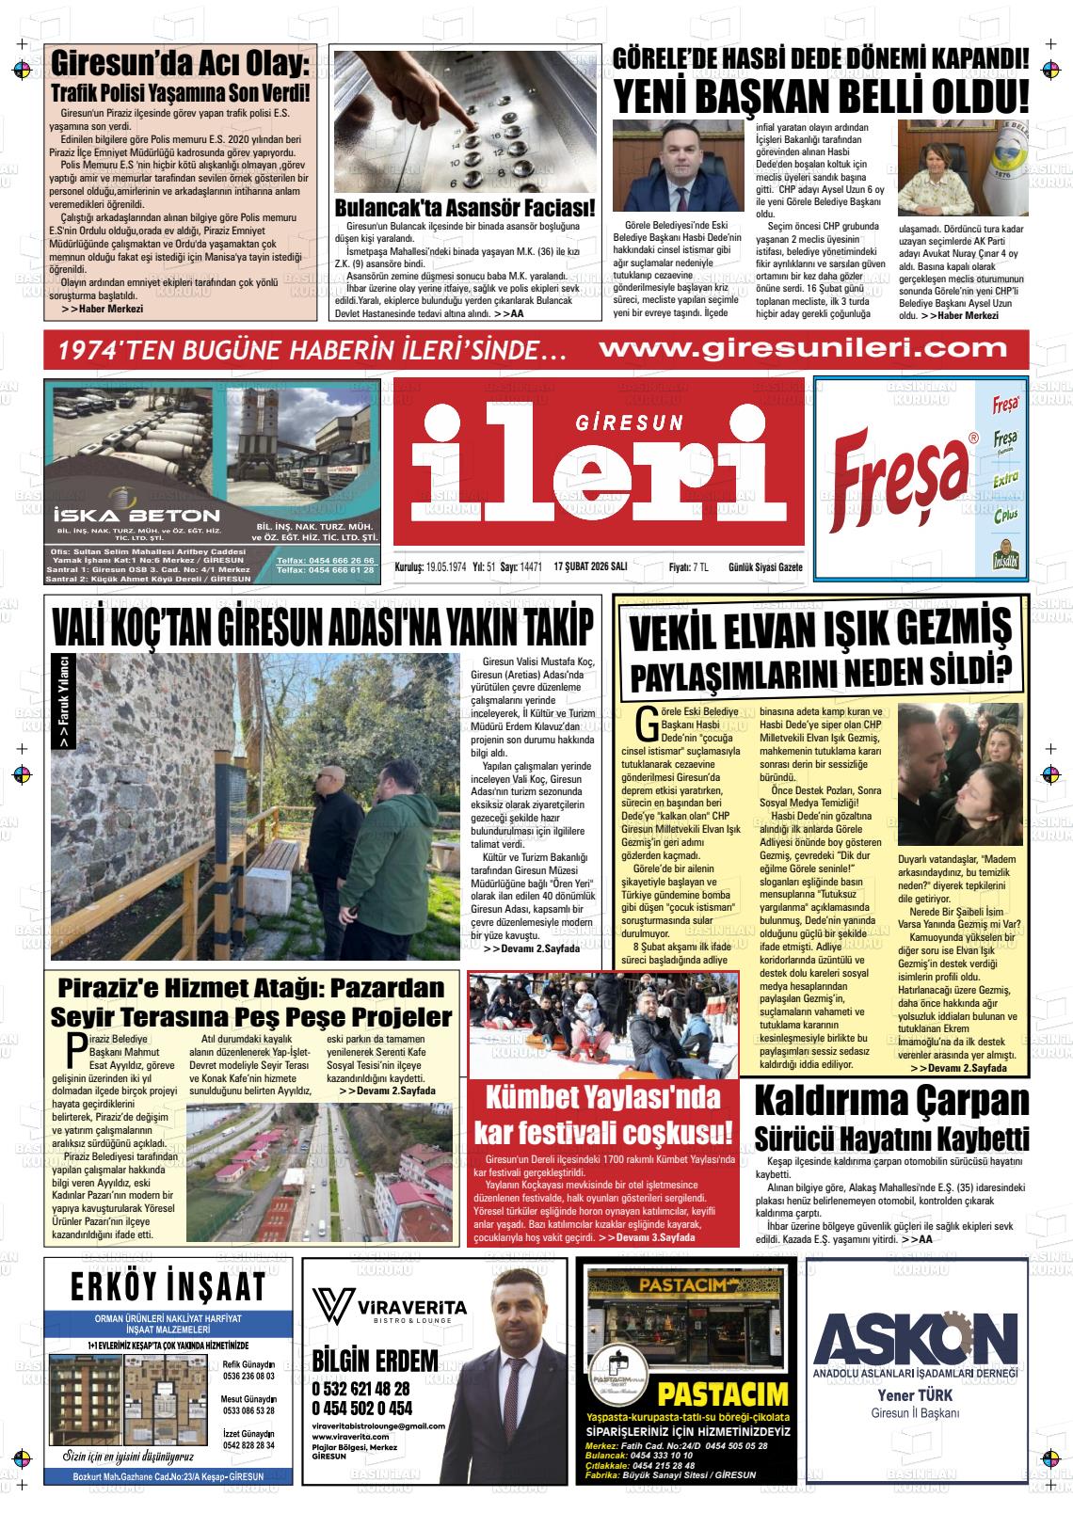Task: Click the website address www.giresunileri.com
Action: pyautogui.click(x=803, y=349)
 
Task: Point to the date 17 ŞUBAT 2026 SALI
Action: pyautogui.click(x=591, y=567)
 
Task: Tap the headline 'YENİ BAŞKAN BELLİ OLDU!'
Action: pyautogui.click(x=822, y=96)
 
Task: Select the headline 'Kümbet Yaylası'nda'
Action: pyautogui.click(x=602, y=1098)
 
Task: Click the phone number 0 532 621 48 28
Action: pyautogui.click(x=360, y=1389)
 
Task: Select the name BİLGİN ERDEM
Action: pyautogui.click(x=375, y=1361)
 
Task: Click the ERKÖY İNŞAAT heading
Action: pyautogui.click(x=168, y=1288)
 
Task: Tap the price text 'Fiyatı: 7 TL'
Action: pyautogui.click(x=688, y=567)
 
